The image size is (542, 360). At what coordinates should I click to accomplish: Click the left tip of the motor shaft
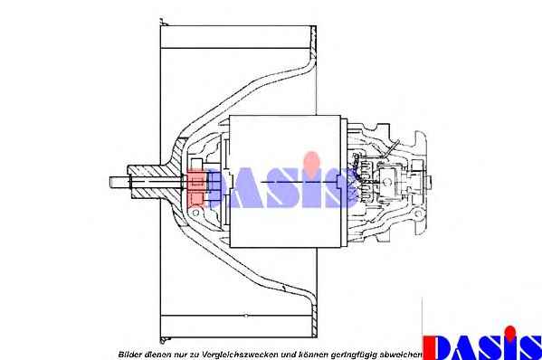pos(110,182)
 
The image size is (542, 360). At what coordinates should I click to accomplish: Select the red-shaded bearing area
pos(196,188)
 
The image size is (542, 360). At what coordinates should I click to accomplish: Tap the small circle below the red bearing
pos(195,213)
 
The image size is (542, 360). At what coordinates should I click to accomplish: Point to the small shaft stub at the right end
pos(429,182)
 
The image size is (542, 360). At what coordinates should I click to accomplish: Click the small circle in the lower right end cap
pos(418,214)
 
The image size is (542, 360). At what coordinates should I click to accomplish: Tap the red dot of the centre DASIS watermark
pos(312,160)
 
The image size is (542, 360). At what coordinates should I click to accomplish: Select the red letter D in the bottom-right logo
pos(436,347)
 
